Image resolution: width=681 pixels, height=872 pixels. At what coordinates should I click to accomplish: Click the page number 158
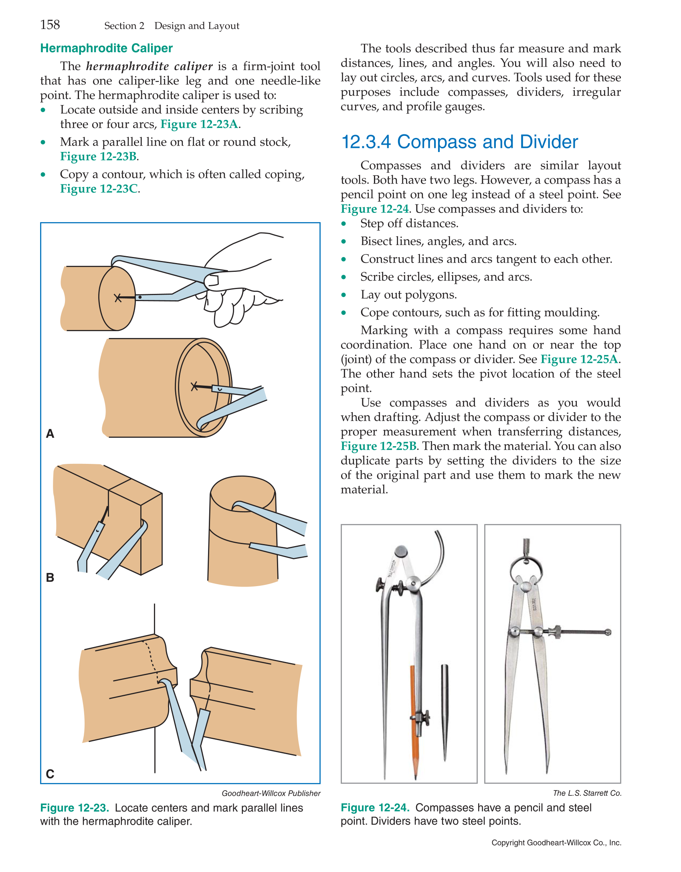coord(50,25)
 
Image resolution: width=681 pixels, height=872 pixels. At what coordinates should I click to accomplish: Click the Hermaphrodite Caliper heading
coord(106,49)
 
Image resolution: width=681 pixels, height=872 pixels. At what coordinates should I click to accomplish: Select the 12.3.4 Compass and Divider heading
coord(459,142)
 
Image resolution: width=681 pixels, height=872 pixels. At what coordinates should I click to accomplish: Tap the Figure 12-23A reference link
coord(199,124)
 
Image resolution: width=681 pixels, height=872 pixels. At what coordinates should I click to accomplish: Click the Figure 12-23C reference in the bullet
coord(99,189)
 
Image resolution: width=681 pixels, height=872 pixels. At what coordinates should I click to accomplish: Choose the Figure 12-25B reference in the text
coord(378,446)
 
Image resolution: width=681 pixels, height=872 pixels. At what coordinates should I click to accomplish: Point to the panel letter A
coord(50,434)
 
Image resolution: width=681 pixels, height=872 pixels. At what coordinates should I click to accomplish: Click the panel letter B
coord(50,578)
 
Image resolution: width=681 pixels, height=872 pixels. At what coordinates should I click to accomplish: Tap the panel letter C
coord(50,774)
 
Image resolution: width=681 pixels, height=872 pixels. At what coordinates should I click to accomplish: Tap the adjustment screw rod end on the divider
coord(608,632)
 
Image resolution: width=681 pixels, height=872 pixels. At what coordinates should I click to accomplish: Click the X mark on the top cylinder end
coord(117,298)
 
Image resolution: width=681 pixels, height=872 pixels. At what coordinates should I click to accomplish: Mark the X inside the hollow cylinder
coord(194,386)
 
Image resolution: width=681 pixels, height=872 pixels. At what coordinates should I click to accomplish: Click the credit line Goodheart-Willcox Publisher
coord(271,793)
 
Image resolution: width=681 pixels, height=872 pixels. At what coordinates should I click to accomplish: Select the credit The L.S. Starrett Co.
coord(587,793)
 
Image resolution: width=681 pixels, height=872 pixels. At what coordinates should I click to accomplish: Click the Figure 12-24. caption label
coord(375,807)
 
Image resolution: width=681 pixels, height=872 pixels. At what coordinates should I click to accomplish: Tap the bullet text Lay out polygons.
coord(408,295)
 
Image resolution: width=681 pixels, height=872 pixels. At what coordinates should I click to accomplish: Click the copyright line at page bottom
coord(556,843)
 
